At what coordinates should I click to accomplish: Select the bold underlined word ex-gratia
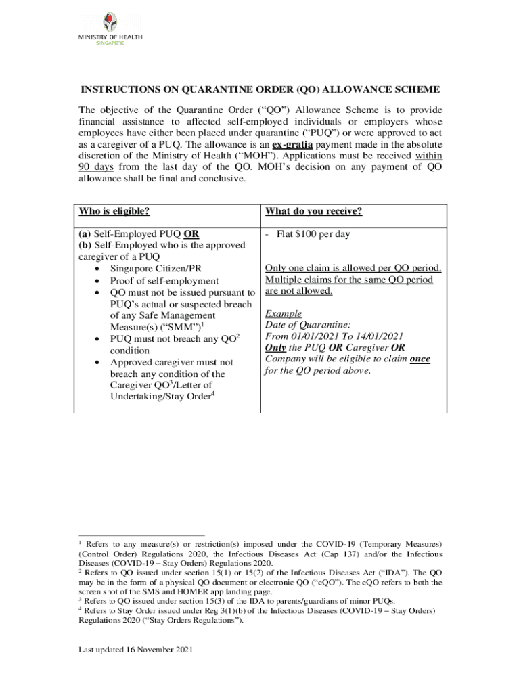292,146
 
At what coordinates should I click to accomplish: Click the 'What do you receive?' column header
314,212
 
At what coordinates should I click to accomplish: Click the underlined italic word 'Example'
284,313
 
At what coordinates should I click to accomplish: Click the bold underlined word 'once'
420,359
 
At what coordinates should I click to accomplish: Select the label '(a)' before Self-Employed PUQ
86,234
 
